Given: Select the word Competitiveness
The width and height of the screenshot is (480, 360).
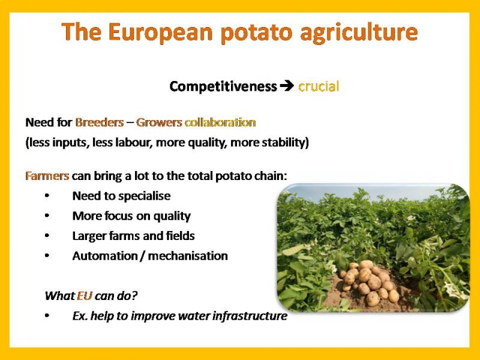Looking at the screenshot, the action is click(x=223, y=86).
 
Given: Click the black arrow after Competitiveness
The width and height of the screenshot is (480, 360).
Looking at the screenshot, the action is click(x=287, y=86).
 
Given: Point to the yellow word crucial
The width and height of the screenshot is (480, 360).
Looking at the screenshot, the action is click(x=319, y=86).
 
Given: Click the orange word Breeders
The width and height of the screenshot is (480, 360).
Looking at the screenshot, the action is click(x=100, y=122).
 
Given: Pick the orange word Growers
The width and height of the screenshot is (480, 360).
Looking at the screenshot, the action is click(x=159, y=122).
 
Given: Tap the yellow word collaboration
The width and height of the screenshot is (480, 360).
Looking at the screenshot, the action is click(x=220, y=122).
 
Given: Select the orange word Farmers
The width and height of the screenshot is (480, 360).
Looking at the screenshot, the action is click(x=47, y=176).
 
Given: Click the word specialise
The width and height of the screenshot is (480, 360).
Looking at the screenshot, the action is click(x=145, y=196).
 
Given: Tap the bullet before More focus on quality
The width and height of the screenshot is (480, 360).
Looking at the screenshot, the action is click(x=47, y=215).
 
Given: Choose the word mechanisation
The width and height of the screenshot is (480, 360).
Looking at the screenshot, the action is click(x=188, y=256).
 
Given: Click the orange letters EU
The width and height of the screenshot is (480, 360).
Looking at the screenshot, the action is click(x=85, y=296).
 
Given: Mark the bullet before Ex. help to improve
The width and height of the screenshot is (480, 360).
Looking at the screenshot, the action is click(x=47, y=316).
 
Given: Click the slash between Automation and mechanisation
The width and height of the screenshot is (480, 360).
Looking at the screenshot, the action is click(x=142, y=256).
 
